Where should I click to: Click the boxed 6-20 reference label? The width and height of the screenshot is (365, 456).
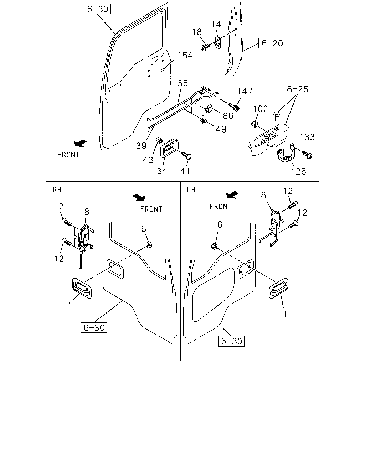click(272, 43)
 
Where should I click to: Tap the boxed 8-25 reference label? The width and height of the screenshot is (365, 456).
click(297, 89)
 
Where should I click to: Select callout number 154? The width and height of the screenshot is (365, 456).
click(185, 55)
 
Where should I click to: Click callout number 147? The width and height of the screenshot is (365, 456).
click(245, 91)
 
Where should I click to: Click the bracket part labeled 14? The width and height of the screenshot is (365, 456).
click(218, 42)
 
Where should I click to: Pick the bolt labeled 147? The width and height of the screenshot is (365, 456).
click(234, 107)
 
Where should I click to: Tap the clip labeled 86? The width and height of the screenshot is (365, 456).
click(209, 109)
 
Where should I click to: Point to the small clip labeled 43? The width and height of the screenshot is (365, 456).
click(160, 140)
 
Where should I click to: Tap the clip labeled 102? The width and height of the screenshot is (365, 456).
click(254, 124)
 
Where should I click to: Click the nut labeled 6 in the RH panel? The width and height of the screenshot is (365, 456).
click(149, 245)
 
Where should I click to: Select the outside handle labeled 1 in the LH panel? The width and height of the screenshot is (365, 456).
click(278, 288)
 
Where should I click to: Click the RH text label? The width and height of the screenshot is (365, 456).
click(57, 190)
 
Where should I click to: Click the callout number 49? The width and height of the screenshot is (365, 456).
click(221, 129)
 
